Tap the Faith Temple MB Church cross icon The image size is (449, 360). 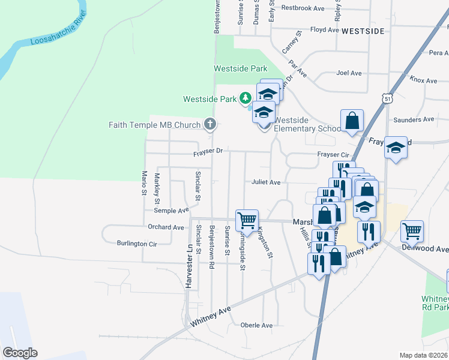[209, 124]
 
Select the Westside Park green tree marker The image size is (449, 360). [245, 97]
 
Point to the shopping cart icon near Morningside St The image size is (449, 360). [247, 220]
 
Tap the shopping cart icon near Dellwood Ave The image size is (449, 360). [412, 230]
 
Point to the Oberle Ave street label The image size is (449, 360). [256, 325]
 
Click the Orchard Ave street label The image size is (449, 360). [166, 227]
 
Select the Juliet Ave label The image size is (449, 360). [266, 182]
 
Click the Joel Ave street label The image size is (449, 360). [349, 73]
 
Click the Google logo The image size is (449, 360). [19, 353]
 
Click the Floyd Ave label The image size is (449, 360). [325, 29]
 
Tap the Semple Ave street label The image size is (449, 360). [171, 211]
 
